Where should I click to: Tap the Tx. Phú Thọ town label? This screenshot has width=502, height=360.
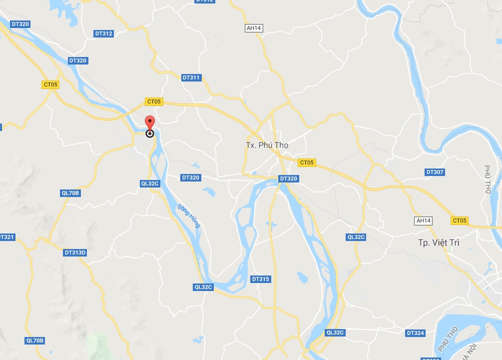pyautogui.click(x=267, y=145)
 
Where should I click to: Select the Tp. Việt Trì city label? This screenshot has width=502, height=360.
pyautogui.click(x=439, y=243)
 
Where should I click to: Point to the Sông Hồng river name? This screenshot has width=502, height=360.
pyautogui.click(x=189, y=215)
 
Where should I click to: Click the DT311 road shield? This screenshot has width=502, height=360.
pyautogui.click(x=191, y=77)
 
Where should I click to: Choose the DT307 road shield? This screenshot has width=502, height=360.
pyautogui.click(x=435, y=172)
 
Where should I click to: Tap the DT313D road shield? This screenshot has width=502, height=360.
pyautogui.click(x=75, y=252)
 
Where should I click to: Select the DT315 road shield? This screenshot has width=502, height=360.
pyautogui.click(x=260, y=279)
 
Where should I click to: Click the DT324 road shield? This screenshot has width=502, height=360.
pyautogui.click(x=415, y=333)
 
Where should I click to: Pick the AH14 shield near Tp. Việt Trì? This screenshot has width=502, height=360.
pyautogui.click(x=424, y=220)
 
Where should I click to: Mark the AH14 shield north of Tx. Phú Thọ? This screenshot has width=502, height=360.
pyautogui.click(x=254, y=28)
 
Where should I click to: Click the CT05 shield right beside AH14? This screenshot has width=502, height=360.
pyautogui.click(x=459, y=220)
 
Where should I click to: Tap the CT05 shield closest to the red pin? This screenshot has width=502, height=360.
pyautogui.click(x=154, y=101)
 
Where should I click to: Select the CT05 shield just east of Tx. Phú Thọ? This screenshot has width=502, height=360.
pyautogui.click(x=307, y=162)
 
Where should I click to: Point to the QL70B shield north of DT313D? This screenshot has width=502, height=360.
pyautogui.click(x=70, y=193)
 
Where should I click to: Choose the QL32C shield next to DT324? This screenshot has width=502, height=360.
pyautogui.click(x=335, y=332)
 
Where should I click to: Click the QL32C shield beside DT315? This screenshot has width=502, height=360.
pyautogui.click(x=203, y=287)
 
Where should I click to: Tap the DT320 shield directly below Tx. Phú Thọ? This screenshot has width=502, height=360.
pyautogui.click(x=288, y=178)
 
